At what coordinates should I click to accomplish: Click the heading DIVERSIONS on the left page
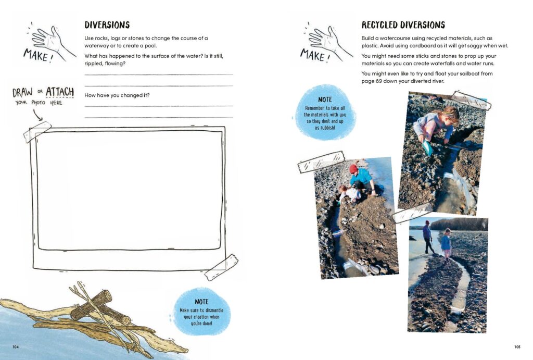click(x=107, y=25)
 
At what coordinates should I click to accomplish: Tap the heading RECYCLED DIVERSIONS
click(x=403, y=25)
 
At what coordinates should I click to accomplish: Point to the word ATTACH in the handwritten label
click(x=60, y=93)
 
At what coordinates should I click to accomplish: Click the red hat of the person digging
click(x=354, y=169)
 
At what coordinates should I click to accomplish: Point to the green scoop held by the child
click(x=427, y=147)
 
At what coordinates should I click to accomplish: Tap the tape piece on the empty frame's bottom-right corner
click(x=221, y=267)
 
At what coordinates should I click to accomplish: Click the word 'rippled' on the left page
click(x=94, y=64)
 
